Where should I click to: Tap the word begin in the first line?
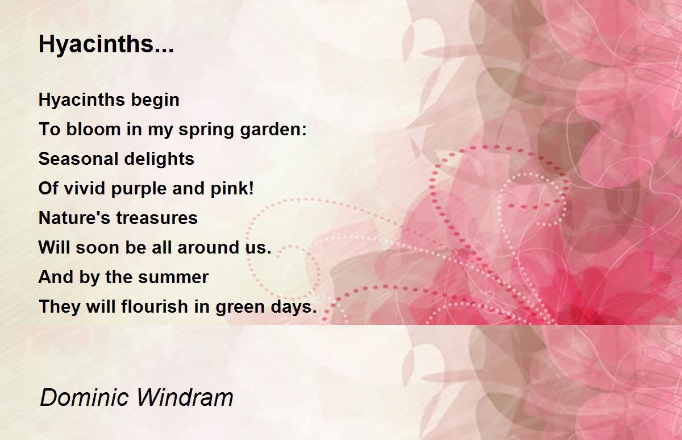click(155, 100)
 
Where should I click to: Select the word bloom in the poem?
click(93, 129)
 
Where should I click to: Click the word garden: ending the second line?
click(273, 130)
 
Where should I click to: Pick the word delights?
click(159, 159)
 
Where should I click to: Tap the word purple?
click(139, 189)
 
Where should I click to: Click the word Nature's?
click(74, 218)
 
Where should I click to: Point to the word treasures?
click(157, 218)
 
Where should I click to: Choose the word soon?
click(97, 247)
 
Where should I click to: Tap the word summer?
click(173, 277)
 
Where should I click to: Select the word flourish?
click(155, 306)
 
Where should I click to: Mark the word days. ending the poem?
click(294, 307)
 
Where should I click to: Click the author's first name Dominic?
click(84, 397)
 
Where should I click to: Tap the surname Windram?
click(185, 397)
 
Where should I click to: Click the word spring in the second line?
click(206, 130)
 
